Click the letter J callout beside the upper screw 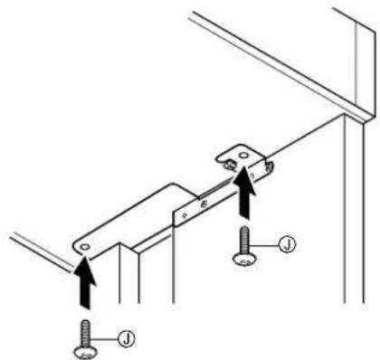pyautogui.click(x=287, y=244)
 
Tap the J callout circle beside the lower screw pyautogui.click(x=127, y=338)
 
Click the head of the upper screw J pyautogui.click(x=244, y=260)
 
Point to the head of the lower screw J pyautogui.click(x=85, y=353)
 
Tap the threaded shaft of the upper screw pyautogui.click(x=244, y=241)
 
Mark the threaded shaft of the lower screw pyautogui.click(x=85, y=334)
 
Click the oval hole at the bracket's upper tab pyautogui.click(x=243, y=156)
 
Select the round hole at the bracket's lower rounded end pyautogui.click(x=85, y=247)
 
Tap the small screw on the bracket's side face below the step pyautogui.click(x=204, y=204)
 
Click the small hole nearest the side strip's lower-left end pyautogui.click(x=185, y=215)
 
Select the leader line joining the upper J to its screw pyautogui.click(x=263, y=246)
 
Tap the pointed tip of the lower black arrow pyautogui.click(x=84, y=256)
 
